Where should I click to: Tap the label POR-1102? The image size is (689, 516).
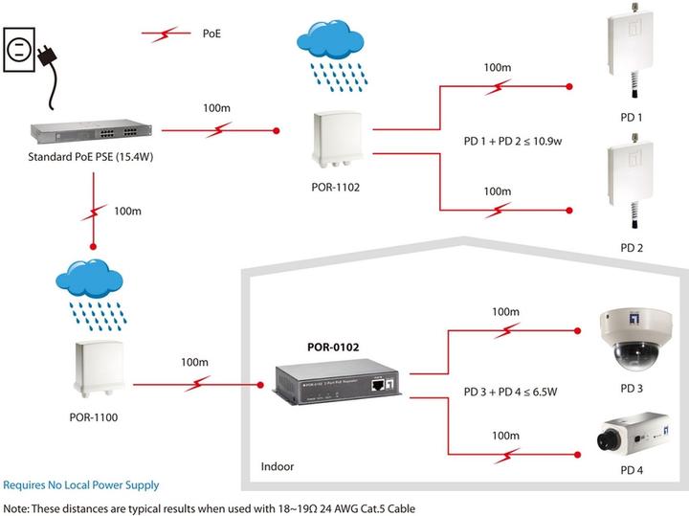coord(335,188)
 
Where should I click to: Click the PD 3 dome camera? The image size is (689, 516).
coord(626,340)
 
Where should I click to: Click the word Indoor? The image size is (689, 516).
coord(278,467)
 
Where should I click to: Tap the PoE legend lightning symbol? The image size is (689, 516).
coord(165,35)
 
